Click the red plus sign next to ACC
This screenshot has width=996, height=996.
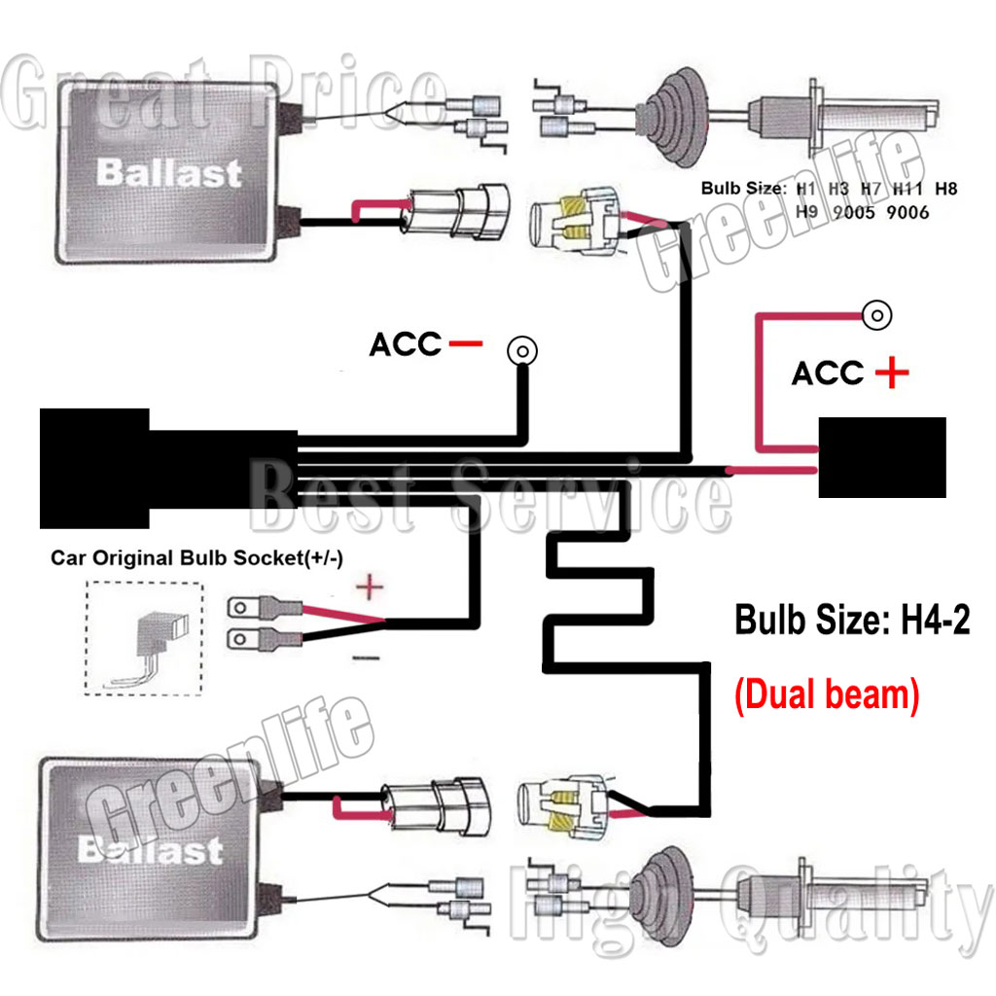tap(891, 373)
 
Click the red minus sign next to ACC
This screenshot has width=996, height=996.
tap(467, 343)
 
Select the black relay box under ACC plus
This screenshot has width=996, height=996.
tap(881, 457)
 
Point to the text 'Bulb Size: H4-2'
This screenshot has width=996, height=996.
tap(852, 620)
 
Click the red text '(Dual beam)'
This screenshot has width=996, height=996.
tap(826, 696)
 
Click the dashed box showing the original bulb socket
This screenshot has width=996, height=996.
tap(143, 638)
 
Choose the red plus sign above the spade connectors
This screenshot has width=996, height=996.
tap(369, 587)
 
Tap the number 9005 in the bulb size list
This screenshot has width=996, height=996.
tap(856, 212)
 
